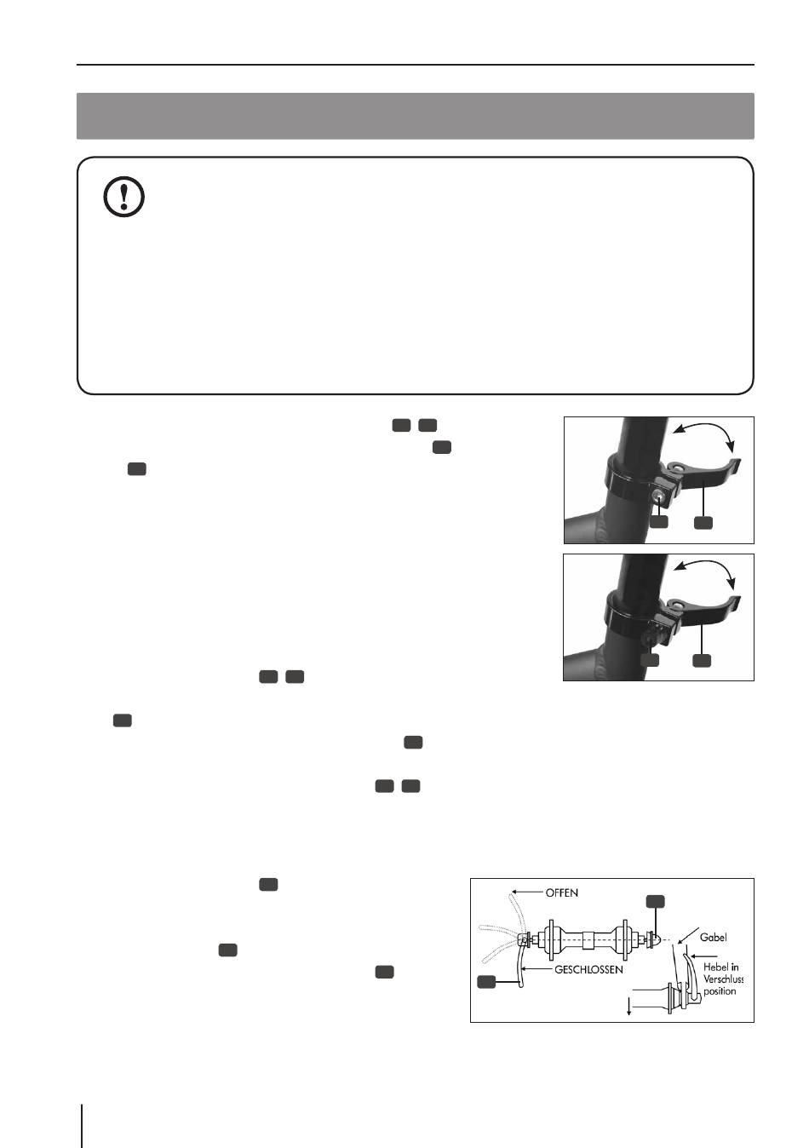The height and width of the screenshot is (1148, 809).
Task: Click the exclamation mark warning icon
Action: tap(124, 196)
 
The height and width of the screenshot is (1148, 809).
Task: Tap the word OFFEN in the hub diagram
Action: tap(561, 893)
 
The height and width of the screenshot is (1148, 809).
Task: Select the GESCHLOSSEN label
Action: tap(588, 970)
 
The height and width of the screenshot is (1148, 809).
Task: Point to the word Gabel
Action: tap(713, 937)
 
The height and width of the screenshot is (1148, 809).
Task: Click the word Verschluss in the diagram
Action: tap(723, 979)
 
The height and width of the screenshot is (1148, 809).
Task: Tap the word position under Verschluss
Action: tap(720, 991)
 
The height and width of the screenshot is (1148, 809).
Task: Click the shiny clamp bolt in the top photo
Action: tap(659, 497)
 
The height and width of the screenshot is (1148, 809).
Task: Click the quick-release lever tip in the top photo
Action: tap(736, 465)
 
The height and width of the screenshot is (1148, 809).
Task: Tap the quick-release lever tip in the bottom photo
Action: tap(736, 603)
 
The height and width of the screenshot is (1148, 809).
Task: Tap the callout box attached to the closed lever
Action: tap(486, 981)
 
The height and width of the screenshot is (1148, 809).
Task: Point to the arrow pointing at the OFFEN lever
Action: tap(526, 893)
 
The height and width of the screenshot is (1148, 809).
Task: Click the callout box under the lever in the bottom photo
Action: tap(702, 660)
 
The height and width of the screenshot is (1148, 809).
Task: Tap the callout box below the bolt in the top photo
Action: tap(659, 522)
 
